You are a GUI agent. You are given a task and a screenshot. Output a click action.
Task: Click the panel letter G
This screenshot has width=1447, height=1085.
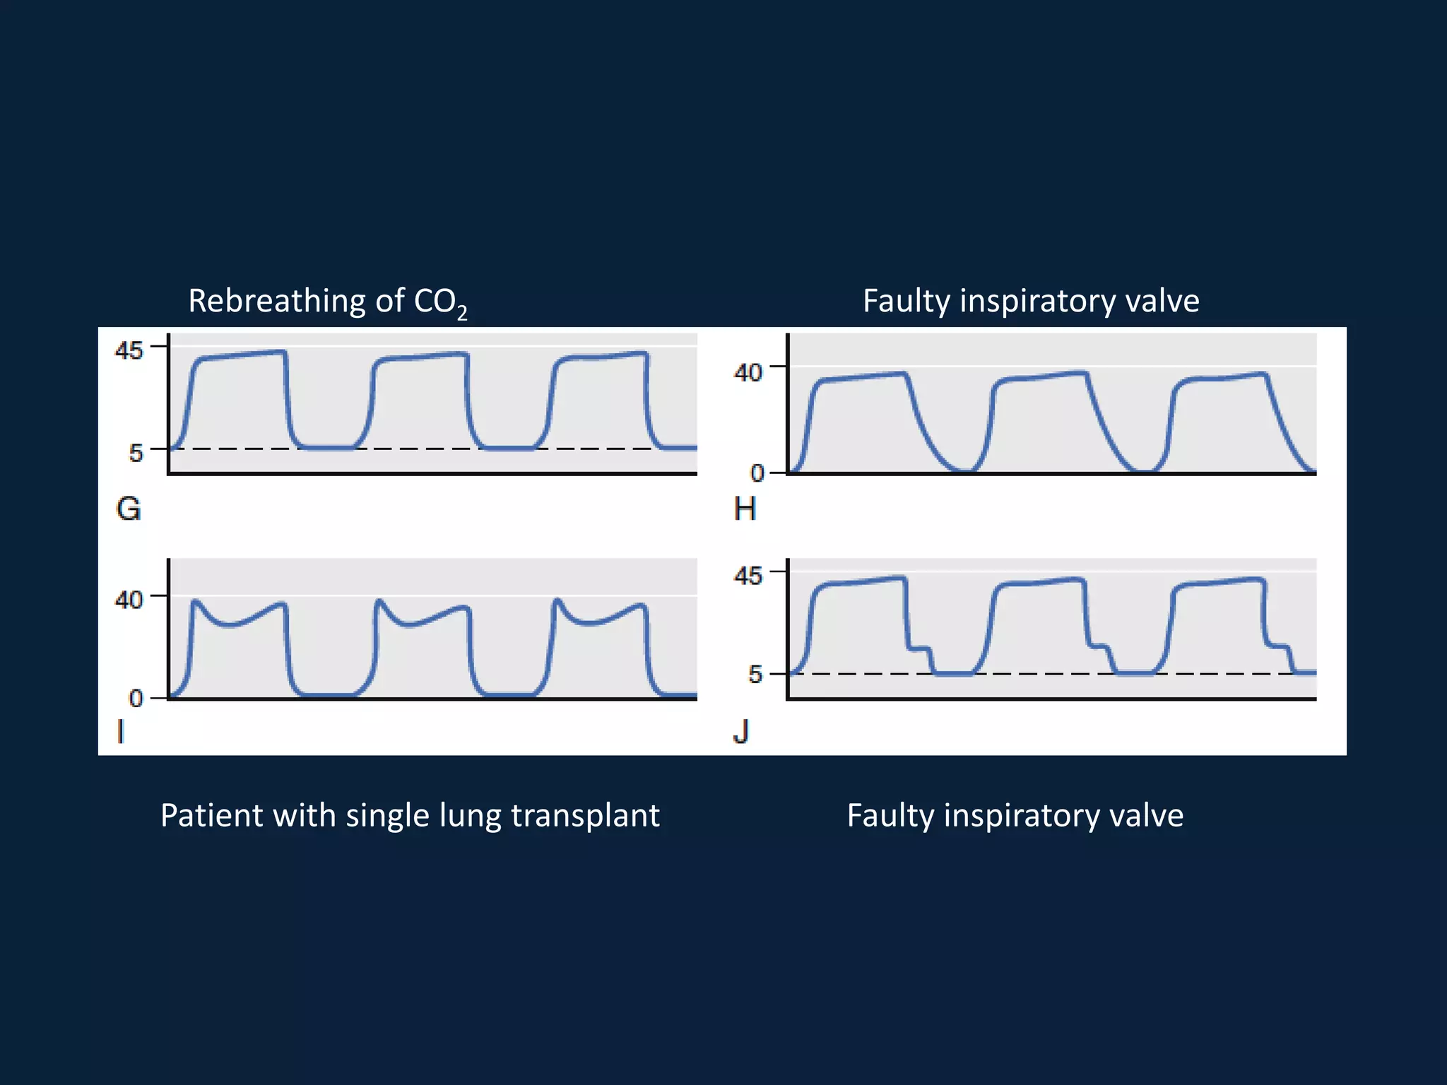point(129,509)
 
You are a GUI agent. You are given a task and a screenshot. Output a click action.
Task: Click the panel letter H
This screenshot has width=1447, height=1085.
point(745,509)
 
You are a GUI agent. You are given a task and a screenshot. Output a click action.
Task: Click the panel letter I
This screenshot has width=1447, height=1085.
point(120,732)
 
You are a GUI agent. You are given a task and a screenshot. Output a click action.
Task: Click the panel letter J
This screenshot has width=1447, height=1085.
point(741,732)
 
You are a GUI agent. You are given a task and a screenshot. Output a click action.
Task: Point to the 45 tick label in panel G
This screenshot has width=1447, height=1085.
point(129,350)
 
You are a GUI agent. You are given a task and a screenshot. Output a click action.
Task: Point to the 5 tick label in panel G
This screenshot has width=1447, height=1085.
point(136,452)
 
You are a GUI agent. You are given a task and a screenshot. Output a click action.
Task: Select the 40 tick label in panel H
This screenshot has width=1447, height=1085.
point(748,372)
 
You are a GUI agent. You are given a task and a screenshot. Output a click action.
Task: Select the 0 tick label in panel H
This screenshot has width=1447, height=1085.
point(757,473)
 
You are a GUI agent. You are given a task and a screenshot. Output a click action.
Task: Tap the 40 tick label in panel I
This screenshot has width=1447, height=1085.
point(129,600)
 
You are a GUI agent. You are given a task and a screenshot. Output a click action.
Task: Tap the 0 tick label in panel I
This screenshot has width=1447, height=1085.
point(136,699)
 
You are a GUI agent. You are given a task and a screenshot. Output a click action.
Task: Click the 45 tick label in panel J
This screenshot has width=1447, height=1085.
point(748,576)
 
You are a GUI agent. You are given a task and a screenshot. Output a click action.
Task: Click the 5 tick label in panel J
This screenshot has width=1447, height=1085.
point(755,675)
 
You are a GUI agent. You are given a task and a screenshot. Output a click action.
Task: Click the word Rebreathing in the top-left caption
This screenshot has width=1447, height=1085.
point(277,302)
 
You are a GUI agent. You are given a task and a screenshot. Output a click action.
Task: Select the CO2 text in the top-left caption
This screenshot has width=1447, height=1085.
point(440,303)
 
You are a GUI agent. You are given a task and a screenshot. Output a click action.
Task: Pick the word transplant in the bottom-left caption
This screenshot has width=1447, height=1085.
point(585,816)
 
